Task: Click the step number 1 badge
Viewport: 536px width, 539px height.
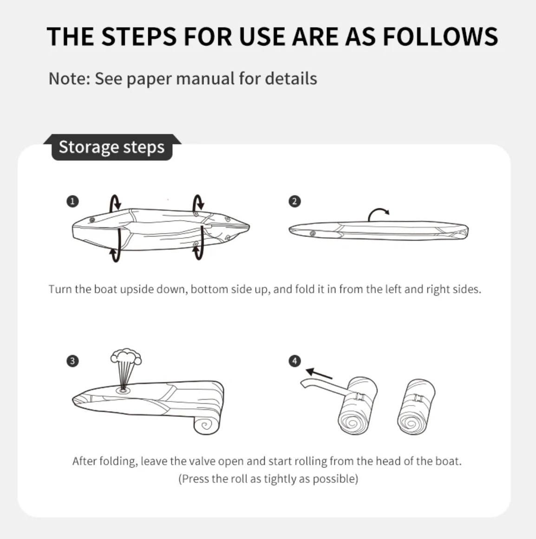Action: click(x=72, y=201)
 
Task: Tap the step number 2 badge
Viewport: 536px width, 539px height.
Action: click(x=294, y=201)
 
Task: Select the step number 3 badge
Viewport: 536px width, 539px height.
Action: click(x=72, y=361)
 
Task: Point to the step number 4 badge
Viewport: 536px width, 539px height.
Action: click(x=295, y=361)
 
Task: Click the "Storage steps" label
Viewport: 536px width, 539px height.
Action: click(x=111, y=147)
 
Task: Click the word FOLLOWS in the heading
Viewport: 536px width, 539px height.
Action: click(x=440, y=36)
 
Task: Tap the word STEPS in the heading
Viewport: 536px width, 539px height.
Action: click(x=139, y=36)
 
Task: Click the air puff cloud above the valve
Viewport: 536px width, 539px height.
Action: click(x=126, y=357)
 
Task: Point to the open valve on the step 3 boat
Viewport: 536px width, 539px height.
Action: click(x=123, y=390)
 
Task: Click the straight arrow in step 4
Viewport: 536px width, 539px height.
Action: click(x=319, y=374)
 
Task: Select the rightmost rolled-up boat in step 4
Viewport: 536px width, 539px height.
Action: click(x=416, y=407)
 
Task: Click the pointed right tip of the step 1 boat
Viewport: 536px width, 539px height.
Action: click(x=249, y=227)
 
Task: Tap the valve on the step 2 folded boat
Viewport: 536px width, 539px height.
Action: click(x=313, y=234)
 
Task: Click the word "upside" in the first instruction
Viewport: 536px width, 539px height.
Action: click(x=137, y=289)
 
